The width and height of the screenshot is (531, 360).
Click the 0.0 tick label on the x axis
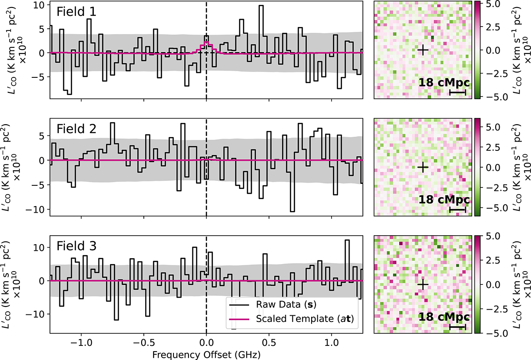(x=206, y=342)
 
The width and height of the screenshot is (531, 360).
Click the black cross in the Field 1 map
(x=423, y=50)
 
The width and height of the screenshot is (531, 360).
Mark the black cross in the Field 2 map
(x=423, y=167)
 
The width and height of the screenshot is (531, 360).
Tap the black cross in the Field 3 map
(x=423, y=284)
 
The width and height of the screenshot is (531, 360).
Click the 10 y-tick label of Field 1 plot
(x=38, y=5)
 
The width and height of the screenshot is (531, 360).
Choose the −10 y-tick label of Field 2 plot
(x=35, y=209)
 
